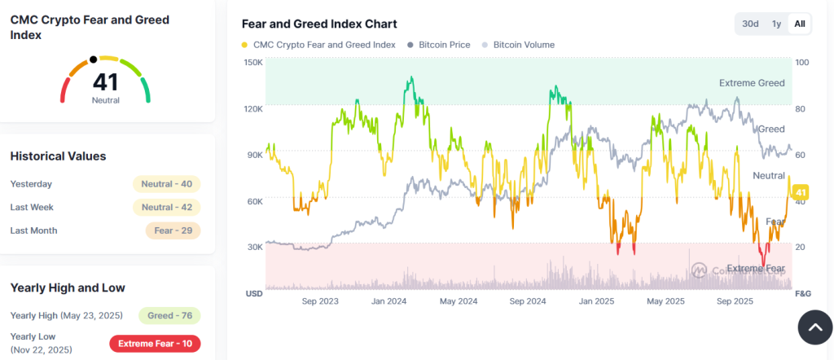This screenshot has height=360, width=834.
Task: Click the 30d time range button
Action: pos(750,24)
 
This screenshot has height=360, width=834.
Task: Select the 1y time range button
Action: pos(776,24)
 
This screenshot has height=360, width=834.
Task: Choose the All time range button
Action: pos(800,24)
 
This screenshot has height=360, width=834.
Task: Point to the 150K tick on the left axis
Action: pos(253,63)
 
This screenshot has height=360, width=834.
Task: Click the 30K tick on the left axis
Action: pos(254,247)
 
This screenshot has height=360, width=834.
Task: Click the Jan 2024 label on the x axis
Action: pos(389,301)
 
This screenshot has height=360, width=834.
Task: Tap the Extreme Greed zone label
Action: pos(752,83)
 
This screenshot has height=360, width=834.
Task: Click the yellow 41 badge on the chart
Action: pos(799,191)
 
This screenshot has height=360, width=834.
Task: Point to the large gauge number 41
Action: pos(105,81)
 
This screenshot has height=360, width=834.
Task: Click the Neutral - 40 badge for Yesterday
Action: pos(166,184)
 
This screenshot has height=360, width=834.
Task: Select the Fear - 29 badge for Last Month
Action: pos(173,230)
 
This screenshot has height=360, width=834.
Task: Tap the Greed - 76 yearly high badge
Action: pos(169,315)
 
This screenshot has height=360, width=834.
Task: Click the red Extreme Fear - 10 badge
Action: pos(155,344)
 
